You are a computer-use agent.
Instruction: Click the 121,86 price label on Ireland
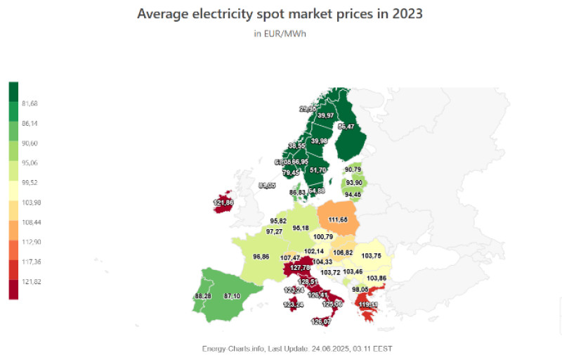(x=223, y=203)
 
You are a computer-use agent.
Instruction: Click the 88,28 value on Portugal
(x=203, y=297)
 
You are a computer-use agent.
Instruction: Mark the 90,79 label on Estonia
(x=354, y=169)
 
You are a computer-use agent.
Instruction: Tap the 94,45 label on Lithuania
(x=353, y=195)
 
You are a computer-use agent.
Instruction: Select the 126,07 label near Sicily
(x=321, y=322)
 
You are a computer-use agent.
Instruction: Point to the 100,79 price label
(x=324, y=237)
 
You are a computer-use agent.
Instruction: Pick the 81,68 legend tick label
(x=30, y=103)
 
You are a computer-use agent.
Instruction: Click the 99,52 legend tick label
(x=30, y=182)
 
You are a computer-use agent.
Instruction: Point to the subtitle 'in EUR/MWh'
(x=280, y=34)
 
